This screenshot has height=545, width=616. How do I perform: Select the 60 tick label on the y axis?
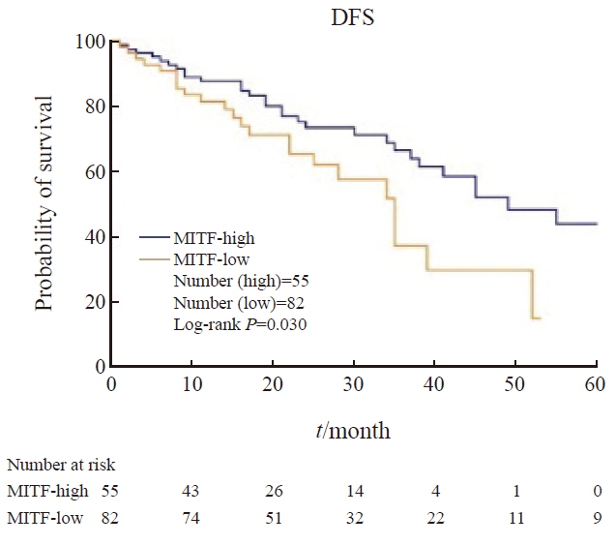95,172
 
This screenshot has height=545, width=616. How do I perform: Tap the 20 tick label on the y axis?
95,302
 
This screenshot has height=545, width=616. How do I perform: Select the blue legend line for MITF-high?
156,236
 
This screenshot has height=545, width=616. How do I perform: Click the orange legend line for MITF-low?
156,258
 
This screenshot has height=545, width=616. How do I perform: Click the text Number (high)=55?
240,281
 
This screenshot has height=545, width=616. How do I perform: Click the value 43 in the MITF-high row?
191,491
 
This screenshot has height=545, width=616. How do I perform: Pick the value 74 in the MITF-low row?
191,518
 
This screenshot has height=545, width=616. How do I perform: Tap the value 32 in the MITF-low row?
354,518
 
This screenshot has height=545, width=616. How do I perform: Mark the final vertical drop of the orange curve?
533,294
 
